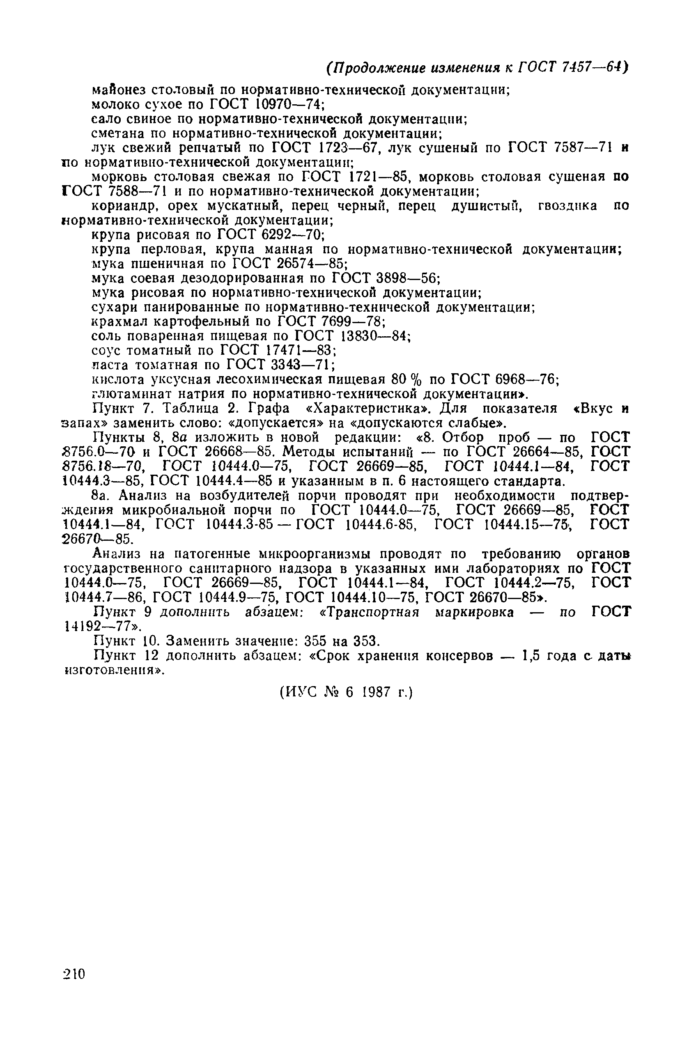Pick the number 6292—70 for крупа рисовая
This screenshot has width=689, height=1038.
click(292, 235)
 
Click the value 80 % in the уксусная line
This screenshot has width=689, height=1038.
click(400, 379)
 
